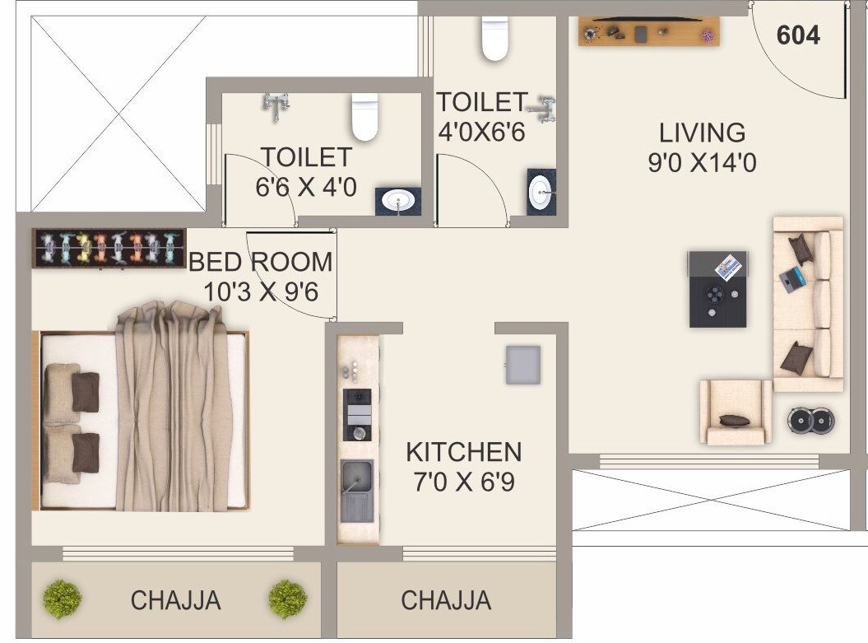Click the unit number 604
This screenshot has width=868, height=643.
point(798,35)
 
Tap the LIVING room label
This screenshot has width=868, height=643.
point(702,133)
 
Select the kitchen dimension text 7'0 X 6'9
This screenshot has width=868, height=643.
point(464,481)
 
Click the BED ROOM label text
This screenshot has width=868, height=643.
point(261,262)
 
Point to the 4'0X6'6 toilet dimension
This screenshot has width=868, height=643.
point(480,132)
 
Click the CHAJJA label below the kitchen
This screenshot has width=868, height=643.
point(446,600)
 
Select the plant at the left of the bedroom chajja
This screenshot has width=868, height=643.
point(62,599)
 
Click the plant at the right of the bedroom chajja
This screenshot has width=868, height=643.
point(287,599)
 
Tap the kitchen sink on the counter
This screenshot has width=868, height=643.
point(357,491)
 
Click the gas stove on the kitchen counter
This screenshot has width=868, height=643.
point(357,416)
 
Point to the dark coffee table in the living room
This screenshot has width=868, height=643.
point(718,289)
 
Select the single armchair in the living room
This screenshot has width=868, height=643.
point(735,412)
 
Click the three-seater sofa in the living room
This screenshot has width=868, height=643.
point(808,304)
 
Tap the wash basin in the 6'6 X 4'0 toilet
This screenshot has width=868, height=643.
point(399,201)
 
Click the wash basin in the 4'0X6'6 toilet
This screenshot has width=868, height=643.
point(541,193)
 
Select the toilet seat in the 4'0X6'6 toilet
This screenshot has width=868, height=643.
point(495,39)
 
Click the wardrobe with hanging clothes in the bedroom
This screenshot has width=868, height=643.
point(109,248)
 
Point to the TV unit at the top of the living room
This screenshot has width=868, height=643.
point(649,33)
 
